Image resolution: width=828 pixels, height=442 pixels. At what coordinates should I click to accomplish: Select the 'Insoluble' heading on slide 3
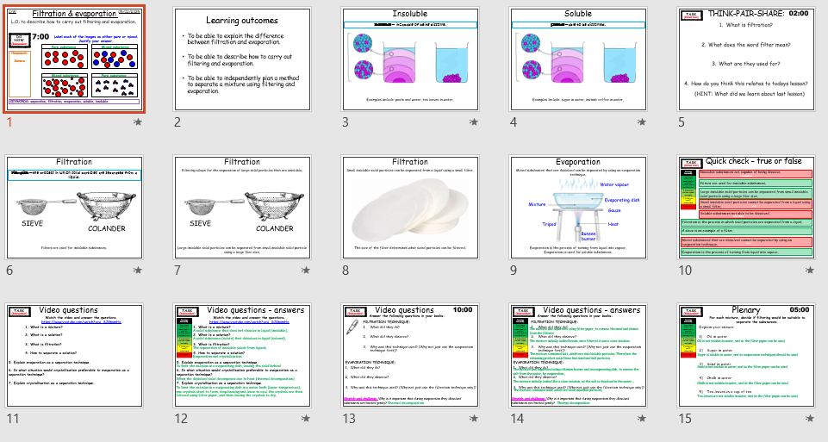(x=409, y=14)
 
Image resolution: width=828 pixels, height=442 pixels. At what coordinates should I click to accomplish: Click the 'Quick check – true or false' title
(x=752, y=161)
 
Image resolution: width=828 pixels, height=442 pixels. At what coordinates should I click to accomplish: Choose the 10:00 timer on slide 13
(x=463, y=308)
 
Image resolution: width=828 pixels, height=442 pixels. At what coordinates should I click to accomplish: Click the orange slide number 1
(x=9, y=122)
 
